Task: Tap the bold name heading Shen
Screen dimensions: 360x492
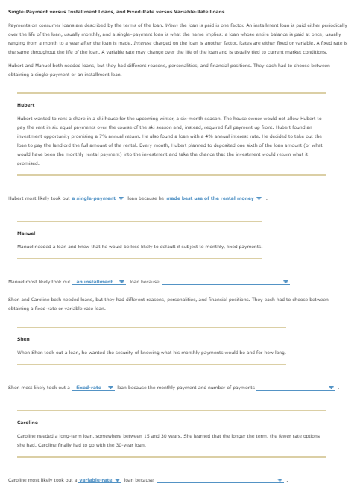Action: coord(22,338)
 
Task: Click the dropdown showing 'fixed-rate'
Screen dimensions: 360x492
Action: coord(93,388)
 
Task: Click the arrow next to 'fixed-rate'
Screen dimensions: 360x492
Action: coord(110,388)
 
